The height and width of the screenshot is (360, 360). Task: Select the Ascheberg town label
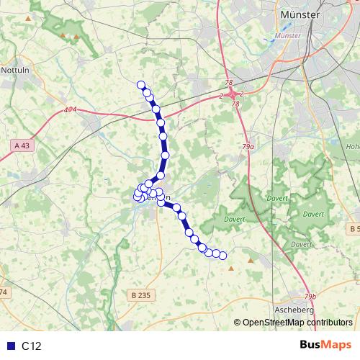pyautogui.click(x=294, y=310)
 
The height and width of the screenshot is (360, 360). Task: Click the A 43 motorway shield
pyautogui.click(x=23, y=145)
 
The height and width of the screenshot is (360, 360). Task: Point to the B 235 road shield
pyautogui.click(x=143, y=294)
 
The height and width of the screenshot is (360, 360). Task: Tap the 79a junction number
pyautogui.click(x=248, y=146)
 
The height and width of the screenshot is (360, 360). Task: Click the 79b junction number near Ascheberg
pyautogui.click(x=310, y=297)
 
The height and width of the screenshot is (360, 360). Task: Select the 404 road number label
pyautogui.click(x=70, y=110)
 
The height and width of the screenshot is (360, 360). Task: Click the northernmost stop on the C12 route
pyautogui.click(x=141, y=85)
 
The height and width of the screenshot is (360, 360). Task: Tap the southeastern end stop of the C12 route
pyautogui.click(x=222, y=255)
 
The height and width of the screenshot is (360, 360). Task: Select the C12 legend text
pyautogui.click(x=32, y=346)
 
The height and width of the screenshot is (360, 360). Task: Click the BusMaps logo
pyautogui.click(x=325, y=346)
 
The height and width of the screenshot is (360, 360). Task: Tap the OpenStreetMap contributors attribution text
pyautogui.click(x=297, y=323)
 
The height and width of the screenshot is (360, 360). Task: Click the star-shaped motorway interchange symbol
pyautogui.click(x=232, y=94)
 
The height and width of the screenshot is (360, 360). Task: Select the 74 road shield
pyautogui.click(x=3, y=292)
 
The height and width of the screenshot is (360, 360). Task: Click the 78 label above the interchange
pyautogui.click(x=229, y=83)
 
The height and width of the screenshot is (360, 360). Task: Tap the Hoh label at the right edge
pyautogui.click(x=353, y=146)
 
